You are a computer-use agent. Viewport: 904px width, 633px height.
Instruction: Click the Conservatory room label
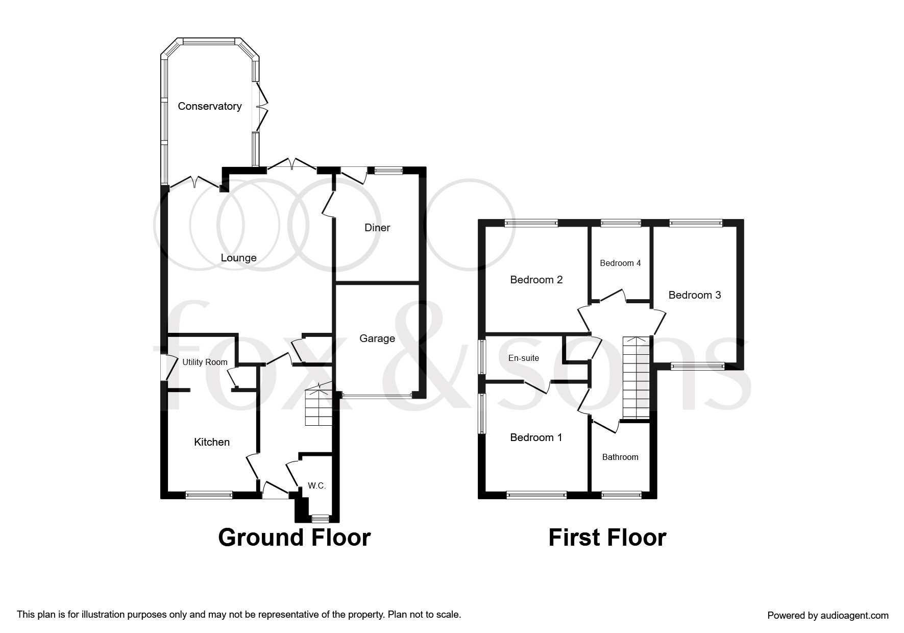pos(209,106)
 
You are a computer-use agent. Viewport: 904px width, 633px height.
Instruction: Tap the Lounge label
pos(238,258)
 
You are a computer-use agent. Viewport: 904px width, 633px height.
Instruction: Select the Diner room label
pos(377,228)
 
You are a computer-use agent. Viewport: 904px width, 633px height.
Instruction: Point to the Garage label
pos(377,338)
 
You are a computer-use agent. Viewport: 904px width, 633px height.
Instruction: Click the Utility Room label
pos(205,362)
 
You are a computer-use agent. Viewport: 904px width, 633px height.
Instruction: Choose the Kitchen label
pos(212,442)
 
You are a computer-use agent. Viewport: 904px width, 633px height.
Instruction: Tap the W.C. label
pos(316,486)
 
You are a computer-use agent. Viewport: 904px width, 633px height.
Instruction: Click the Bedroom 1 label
pos(536,437)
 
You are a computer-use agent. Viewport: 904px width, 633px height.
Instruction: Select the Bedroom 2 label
pos(536,280)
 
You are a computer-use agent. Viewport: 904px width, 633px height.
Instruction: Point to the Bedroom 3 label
pos(695,295)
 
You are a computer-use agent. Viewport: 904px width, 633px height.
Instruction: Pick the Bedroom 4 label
pos(620,263)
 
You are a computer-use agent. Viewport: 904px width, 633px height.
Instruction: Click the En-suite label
pos(524,358)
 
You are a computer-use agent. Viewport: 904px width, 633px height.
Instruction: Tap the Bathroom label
pos(620,457)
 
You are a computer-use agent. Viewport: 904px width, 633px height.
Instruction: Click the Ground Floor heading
pos(294,538)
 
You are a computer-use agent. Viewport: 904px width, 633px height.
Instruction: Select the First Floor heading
pos(607,538)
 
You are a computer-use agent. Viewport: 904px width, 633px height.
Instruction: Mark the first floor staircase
pos(636,377)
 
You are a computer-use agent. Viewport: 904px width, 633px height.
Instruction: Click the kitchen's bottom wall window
pos(209,494)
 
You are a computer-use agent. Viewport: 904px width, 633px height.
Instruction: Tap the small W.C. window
pos(321,519)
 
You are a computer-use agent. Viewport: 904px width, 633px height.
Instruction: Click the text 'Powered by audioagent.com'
pos(828,616)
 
